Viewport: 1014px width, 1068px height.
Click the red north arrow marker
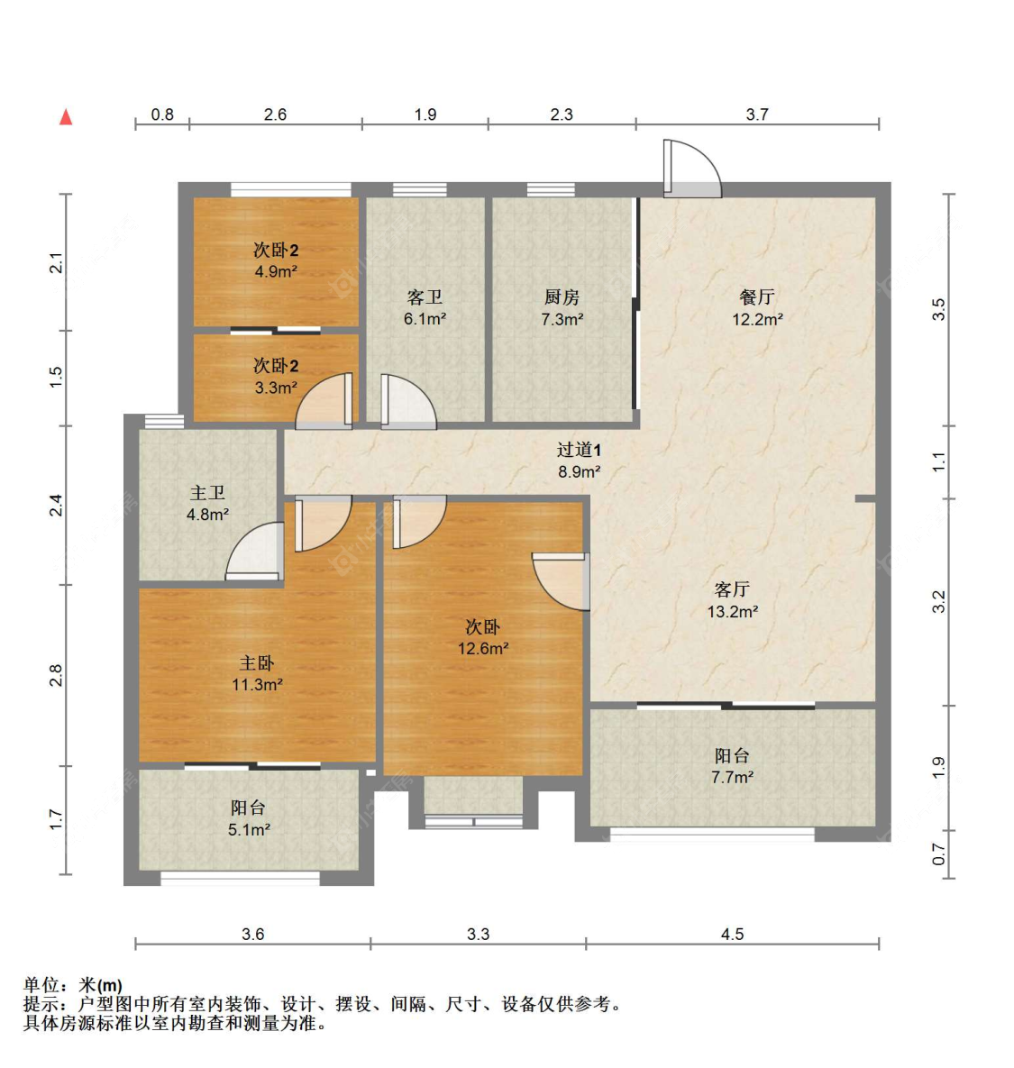coord(66,117)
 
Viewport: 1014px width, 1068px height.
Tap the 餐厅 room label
coord(757,297)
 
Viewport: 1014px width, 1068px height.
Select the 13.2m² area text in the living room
coord(732,611)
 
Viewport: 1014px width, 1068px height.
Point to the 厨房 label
coord(562,297)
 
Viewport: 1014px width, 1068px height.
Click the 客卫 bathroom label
coord(425,297)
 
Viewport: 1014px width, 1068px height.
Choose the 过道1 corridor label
coord(579,450)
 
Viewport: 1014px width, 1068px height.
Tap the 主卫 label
coord(207,493)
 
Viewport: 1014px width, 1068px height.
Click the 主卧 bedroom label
coord(257,662)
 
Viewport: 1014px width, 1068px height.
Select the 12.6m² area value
coord(483,648)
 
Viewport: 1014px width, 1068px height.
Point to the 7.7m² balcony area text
coord(732,777)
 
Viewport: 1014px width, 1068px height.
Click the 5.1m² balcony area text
coord(249,829)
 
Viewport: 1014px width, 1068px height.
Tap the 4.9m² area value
coord(276,271)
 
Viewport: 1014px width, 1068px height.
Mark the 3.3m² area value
coord(276,388)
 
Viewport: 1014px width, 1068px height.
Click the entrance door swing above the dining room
coord(692,169)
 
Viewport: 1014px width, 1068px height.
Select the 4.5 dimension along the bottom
coord(732,934)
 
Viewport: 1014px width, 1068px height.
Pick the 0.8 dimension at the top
coord(162,114)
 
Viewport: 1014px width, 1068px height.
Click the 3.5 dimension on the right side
coord(939,309)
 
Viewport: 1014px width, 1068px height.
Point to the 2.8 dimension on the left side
coord(56,675)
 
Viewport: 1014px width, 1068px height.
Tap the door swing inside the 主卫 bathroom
coord(255,551)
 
